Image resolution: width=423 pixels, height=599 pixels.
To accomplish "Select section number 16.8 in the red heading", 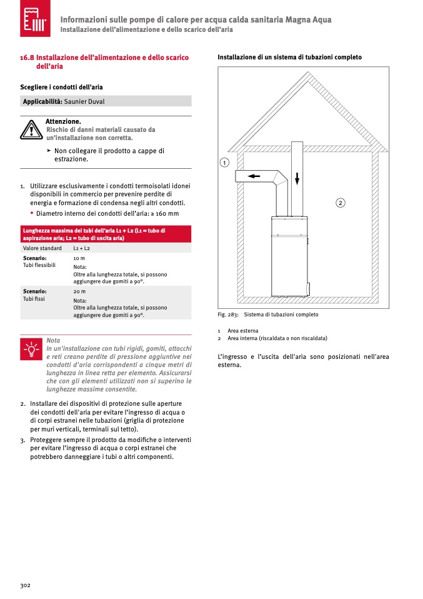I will [27, 58].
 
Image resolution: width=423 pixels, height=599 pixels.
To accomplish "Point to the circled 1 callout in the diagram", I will [224, 163].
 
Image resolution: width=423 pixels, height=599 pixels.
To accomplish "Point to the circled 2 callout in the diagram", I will [341, 203].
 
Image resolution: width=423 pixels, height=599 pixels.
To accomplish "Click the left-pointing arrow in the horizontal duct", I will [254, 176].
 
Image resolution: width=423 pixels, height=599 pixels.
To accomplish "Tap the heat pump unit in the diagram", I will [289, 256].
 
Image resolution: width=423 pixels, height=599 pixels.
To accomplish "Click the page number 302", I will [26, 585].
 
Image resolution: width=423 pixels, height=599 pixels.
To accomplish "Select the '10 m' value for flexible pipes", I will [79, 258].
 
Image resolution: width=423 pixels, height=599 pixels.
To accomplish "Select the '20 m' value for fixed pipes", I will [79, 291].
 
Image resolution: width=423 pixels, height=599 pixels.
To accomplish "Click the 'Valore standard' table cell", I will [42, 248].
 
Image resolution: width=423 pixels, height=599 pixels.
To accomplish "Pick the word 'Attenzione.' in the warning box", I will [63, 121].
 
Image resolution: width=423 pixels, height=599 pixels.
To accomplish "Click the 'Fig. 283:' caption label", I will [228, 315].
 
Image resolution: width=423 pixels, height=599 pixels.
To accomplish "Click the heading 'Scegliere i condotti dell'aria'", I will [62, 86].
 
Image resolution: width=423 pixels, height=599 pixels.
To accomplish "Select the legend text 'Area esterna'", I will [243, 331].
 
